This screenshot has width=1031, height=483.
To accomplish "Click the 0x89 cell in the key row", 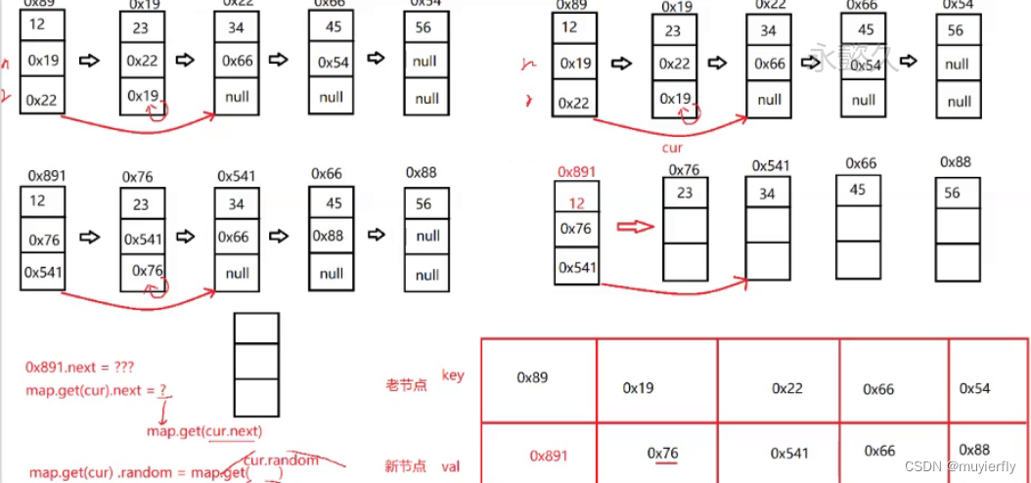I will [532, 378].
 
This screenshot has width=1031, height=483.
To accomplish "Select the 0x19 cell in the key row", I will [638, 388].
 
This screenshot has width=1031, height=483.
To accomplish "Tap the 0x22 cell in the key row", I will [786, 388].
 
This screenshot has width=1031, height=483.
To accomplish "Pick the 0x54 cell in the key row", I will [974, 388].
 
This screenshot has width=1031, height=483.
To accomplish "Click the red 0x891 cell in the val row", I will [549, 456].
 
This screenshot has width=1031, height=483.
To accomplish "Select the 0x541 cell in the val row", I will [789, 454].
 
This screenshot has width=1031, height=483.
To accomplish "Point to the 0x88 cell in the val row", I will [974, 450].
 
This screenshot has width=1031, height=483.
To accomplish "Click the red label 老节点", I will [407, 385].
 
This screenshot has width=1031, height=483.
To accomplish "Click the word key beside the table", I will [453, 375].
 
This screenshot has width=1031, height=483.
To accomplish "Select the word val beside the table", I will [451, 466].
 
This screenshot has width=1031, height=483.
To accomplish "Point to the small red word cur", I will [672, 149].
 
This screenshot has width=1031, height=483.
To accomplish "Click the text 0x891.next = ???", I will [79, 368].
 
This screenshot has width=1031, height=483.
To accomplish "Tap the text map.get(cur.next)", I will [204, 431].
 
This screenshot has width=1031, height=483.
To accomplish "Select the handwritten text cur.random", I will [282, 461].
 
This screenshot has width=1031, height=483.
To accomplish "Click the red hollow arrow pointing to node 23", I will [635, 227].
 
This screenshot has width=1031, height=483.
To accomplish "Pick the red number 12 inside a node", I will [576, 203].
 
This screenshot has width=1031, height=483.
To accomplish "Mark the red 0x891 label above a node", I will [576, 172].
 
